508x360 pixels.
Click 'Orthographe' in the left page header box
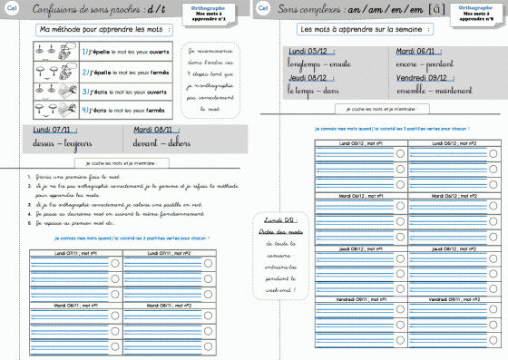point(205,5)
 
